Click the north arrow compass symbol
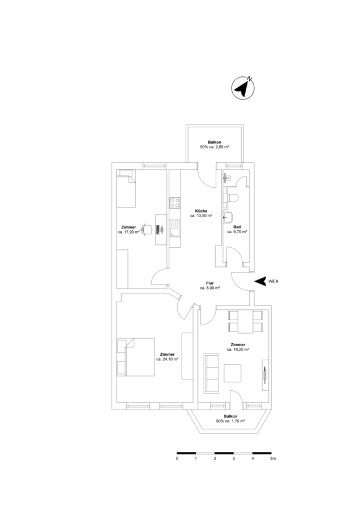pos(243,88)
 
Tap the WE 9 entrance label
pos(273,282)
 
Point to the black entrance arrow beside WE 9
pos(260,282)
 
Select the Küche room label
pos(202,211)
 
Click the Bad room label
pos(237,227)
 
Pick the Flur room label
pos(210,283)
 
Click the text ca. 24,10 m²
pos(168,359)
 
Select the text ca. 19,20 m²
pos(238,350)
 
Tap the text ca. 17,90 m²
pos(128,232)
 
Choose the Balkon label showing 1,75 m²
pos(230,419)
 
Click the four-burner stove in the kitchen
pos(174,203)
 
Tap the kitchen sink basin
pos(174,232)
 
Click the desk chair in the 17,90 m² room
pos(147,229)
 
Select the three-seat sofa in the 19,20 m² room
pos(211,373)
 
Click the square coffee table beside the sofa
pos(233,373)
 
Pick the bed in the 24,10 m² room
pos(135,357)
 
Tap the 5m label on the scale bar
pos(273,459)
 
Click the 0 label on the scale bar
pos(177,459)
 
